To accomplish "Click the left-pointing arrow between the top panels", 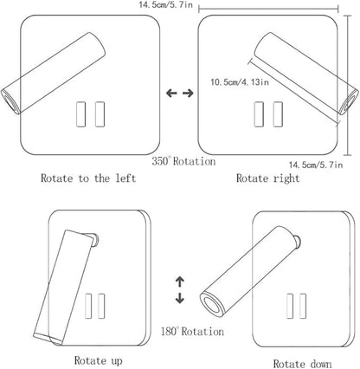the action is coord(171,93).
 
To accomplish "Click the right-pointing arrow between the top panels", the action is coord(189,93).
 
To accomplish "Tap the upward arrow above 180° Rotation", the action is coord(180,282).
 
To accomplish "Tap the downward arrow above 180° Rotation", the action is coord(180,298).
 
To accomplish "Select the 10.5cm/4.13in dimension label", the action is coord(240,82).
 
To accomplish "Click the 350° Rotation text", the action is coord(183,161).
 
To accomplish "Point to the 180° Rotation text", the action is coord(192,331).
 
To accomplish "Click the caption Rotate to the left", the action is coord(88,178).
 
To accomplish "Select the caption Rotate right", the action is coord(268,178).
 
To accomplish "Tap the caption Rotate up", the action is coord(99,360).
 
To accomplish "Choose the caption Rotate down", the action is coord(302,364).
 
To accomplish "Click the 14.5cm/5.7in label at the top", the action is coord(166,4).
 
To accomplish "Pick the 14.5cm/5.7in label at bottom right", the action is coord(316,165).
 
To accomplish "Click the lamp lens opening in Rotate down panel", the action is coord(213,306).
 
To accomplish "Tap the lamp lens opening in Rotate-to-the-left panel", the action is coord(9,101).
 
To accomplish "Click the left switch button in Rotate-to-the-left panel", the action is coord(81,114).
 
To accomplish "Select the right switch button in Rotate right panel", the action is coord(278,114).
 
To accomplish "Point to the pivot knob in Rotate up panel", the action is coord(94,240).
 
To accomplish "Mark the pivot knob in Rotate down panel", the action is coord(297,242).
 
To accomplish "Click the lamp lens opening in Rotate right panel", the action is coord(350,103).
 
